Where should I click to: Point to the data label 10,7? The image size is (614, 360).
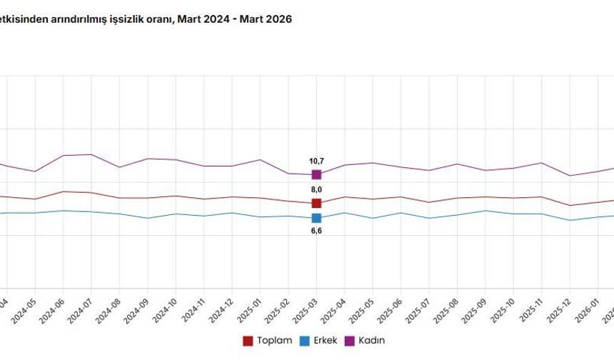316,161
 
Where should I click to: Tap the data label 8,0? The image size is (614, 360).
316,189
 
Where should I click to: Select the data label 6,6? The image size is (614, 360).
316,231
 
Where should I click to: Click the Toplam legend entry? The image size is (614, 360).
268,341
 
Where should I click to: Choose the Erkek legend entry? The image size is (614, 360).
320,341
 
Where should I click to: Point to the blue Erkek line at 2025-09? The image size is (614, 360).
485,211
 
